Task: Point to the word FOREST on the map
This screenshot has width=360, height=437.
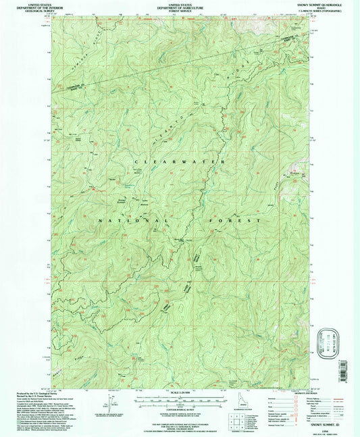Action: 236,220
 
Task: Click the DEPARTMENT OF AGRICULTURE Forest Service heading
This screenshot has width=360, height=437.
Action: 180,6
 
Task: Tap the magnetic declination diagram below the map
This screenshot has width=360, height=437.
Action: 110,403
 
